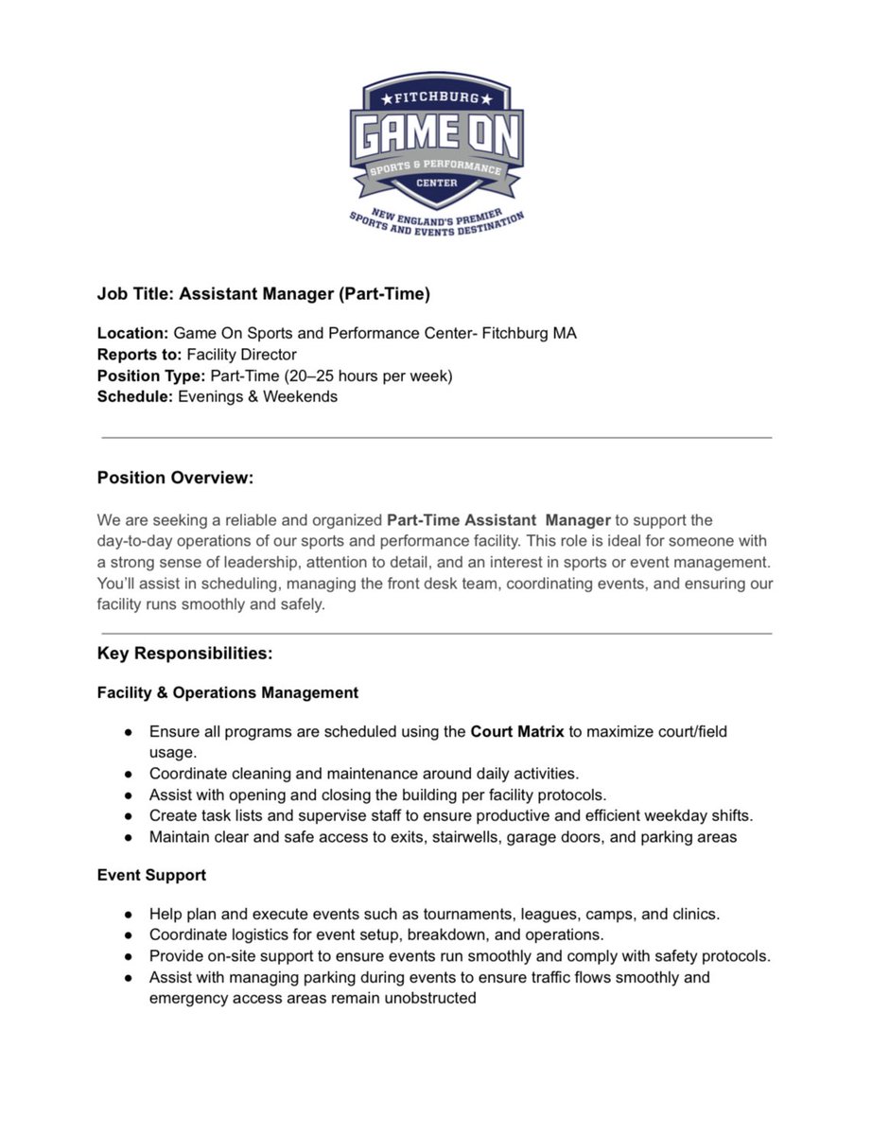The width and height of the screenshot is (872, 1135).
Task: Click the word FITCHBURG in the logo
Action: pos(436,97)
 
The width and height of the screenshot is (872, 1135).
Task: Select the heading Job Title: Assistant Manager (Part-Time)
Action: pos(263,294)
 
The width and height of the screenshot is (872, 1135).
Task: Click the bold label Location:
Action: pos(132,334)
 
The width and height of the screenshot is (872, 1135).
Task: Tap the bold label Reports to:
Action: pos(140,355)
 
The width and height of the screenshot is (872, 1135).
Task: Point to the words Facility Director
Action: pos(241,355)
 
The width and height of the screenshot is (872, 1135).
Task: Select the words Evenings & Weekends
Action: pos(254,396)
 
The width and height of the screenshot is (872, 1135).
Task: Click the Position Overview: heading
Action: pos(175,478)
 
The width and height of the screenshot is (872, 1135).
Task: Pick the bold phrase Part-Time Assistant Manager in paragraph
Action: pos(498,520)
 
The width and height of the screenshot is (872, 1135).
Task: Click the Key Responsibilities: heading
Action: pos(184,654)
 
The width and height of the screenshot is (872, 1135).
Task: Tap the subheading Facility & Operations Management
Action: pos(227,692)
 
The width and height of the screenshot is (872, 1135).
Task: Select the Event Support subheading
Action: pos(151,875)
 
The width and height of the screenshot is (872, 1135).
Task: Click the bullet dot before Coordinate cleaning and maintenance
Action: pos(128,774)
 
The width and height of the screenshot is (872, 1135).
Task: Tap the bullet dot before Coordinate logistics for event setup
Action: pos(128,934)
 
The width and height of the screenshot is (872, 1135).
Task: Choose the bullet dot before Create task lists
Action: pos(128,815)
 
